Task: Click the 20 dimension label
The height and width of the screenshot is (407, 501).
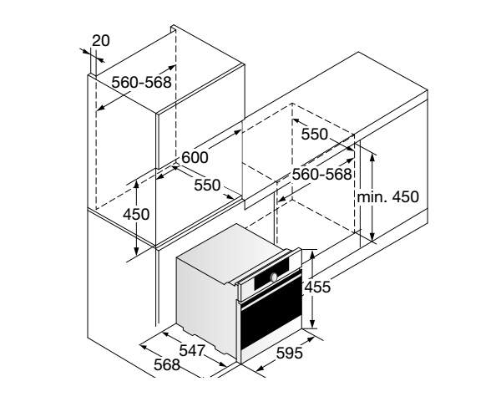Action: pos(101,41)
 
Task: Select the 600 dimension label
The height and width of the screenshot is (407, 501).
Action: pos(195,158)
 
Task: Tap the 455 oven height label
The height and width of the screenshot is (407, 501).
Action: pos(317,287)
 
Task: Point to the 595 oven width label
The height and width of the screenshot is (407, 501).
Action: pos(289,353)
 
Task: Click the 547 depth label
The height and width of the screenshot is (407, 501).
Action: pos(192,351)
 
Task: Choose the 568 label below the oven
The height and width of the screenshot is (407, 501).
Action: pos(167,365)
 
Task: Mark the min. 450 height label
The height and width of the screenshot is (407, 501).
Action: pos(387,197)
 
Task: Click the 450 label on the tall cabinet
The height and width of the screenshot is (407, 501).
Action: pos(136,215)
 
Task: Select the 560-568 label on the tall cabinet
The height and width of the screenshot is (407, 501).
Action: pos(142,82)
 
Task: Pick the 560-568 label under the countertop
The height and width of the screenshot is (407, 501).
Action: pos(322,174)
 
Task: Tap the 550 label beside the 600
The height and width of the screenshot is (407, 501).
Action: pos(207,186)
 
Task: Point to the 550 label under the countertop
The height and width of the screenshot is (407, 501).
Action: pos(315,135)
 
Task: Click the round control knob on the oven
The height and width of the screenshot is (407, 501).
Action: pos(274,277)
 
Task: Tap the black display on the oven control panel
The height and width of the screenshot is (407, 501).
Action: pos(271,272)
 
